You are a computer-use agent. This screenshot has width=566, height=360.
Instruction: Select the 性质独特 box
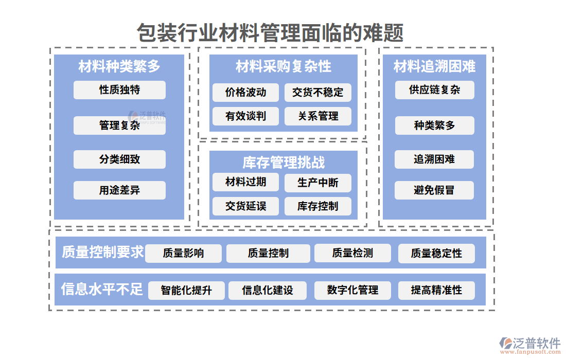pos(119,90)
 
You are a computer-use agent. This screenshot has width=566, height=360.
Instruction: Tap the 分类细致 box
pos(119,159)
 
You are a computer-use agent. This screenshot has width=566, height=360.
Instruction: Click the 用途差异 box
pos(119,190)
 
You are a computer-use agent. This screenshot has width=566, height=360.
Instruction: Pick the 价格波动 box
pos(245,93)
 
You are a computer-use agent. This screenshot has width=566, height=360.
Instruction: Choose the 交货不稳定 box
pos(317,93)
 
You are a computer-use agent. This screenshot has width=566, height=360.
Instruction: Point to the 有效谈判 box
pos(245,116)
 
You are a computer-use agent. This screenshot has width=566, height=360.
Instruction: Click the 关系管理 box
pos(317,116)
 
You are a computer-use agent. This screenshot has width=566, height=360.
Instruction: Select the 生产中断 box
pos(317,183)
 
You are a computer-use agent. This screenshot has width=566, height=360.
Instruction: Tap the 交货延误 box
pos(245,206)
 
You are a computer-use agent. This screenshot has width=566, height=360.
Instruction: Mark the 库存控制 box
pos(317,206)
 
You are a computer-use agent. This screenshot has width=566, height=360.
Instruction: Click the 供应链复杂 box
pos(434,90)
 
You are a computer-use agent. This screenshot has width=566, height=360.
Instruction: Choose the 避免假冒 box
pos(434,190)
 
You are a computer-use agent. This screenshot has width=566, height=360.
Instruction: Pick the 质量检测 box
pos(352,253)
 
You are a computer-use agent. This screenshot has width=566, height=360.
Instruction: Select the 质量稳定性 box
pos(436,253)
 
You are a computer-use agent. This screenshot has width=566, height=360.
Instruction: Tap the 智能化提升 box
pos(186,290)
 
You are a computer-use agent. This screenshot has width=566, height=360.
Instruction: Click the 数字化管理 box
pos(352,290)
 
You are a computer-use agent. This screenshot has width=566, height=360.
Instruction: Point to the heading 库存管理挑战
pos(284,163)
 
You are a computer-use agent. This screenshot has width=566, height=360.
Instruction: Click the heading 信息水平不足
pos(102,289)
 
